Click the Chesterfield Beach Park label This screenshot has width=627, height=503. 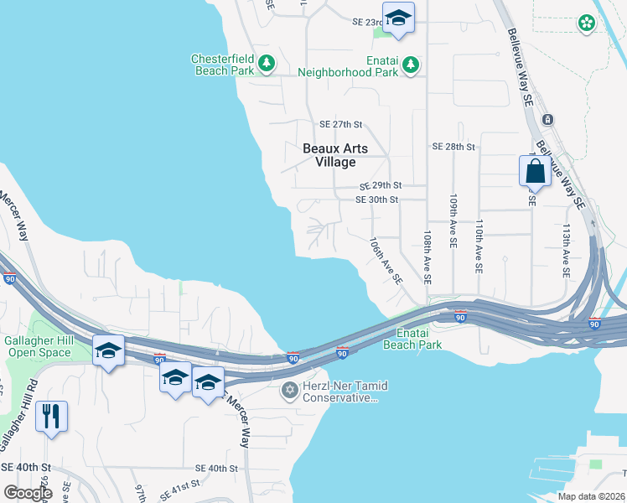(x=222, y=65)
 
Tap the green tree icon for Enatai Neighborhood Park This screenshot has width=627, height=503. (x=410, y=64)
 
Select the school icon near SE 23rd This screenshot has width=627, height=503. (x=397, y=18)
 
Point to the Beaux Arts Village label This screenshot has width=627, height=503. (x=334, y=155)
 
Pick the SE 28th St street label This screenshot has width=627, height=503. (x=453, y=146)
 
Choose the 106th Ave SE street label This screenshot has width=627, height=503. (x=386, y=259)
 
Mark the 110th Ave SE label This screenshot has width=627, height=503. (x=479, y=246)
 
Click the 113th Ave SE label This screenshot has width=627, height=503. (x=567, y=251)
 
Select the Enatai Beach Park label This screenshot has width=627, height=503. (x=412, y=339)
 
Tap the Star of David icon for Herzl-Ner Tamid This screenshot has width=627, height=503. (x=290, y=390)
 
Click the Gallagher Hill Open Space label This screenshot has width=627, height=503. (x=39, y=346)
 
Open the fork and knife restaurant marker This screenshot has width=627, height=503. (x=51, y=416)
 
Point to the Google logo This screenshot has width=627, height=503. (x=28, y=492)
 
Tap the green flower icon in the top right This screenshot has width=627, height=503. (x=587, y=23)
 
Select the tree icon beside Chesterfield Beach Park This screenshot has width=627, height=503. (x=267, y=62)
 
